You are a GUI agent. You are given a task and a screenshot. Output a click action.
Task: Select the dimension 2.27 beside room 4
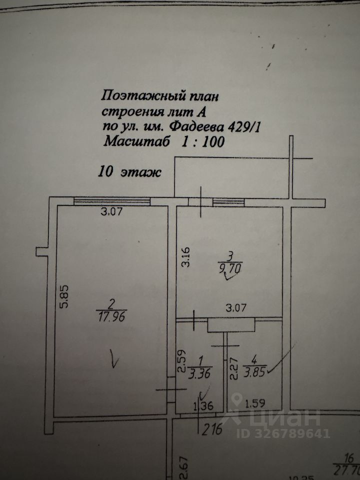[x=232, y=370]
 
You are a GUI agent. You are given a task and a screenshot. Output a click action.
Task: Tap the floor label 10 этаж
[x=129, y=172]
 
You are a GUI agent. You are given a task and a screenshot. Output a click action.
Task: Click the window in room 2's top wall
[x=112, y=201]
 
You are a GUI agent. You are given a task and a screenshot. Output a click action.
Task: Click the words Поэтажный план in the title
[x=160, y=94]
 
